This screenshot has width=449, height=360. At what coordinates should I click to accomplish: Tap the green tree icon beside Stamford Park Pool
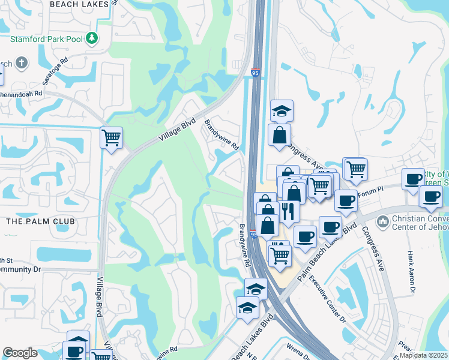[x=91, y=39]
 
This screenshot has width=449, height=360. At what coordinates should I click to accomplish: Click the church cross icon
[x=22, y=63]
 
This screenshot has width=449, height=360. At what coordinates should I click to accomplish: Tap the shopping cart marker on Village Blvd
[x=112, y=138]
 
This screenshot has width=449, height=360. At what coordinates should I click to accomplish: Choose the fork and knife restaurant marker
[x=290, y=211]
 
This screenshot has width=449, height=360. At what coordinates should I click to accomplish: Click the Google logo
[x=20, y=353]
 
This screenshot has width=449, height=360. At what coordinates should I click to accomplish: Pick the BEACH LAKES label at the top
[x=79, y=4]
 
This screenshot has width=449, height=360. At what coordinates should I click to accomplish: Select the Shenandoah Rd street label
[x=21, y=94]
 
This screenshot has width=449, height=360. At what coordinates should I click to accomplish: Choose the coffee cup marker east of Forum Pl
[x=414, y=179]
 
